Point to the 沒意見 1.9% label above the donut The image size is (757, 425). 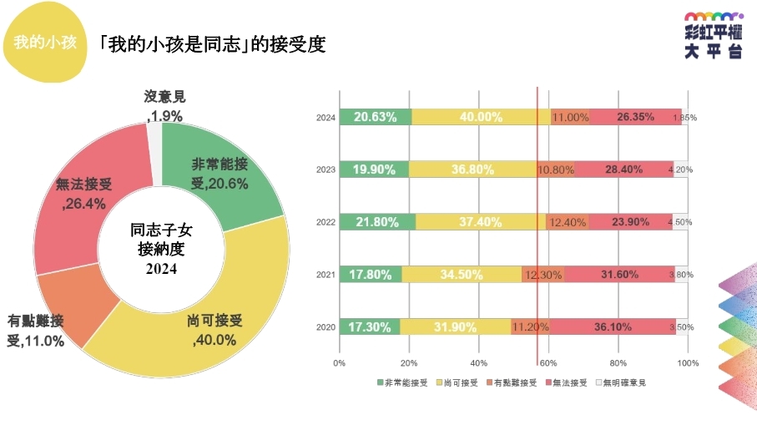(164, 108)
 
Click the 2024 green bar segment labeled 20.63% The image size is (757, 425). (375, 117)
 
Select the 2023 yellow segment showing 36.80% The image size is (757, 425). (472, 169)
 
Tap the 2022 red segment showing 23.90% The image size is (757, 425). (630, 222)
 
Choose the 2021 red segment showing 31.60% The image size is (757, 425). (618, 274)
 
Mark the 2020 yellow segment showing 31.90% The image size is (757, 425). (456, 326)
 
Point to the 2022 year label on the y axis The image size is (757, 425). (326, 222)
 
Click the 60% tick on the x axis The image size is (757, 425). (548, 363)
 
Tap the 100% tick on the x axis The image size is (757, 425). (688, 363)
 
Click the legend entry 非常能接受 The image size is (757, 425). (403, 382)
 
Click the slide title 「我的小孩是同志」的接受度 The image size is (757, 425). (211, 44)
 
